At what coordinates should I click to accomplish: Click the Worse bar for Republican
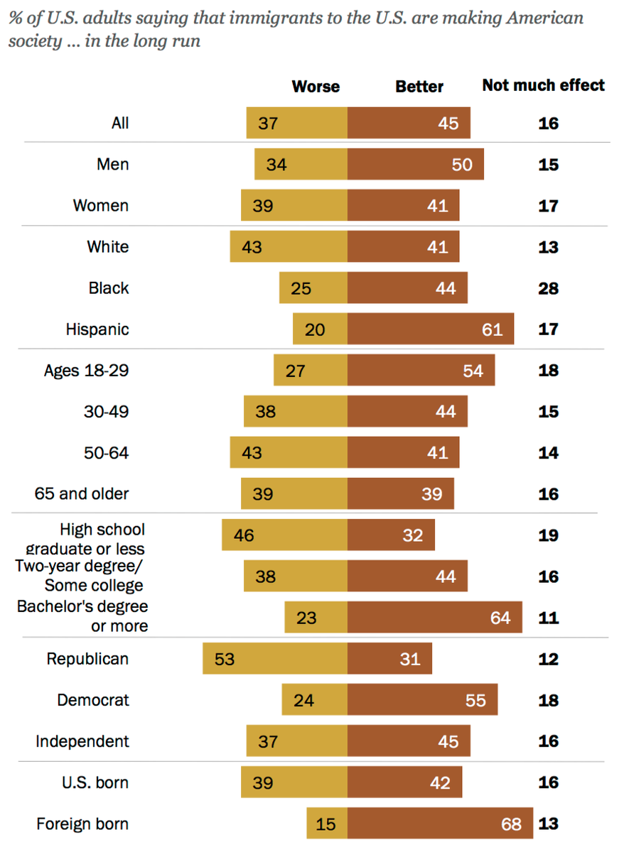click(x=275, y=659)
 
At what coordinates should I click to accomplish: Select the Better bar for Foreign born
click(x=440, y=824)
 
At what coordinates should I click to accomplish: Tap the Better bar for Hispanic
click(x=431, y=329)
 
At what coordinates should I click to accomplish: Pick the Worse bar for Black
click(x=313, y=288)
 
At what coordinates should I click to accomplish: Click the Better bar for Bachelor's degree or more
click(x=435, y=618)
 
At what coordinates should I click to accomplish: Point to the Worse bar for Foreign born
click(x=327, y=824)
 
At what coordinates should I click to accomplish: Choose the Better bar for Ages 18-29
click(x=421, y=371)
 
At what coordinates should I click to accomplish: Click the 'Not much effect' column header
click(x=543, y=85)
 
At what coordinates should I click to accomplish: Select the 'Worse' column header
click(x=316, y=87)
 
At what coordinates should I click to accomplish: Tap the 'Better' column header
click(x=419, y=87)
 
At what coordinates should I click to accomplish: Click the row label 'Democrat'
click(x=93, y=700)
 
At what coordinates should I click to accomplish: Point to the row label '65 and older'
click(x=82, y=493)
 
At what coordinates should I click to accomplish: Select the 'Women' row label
click(x=101, y=206)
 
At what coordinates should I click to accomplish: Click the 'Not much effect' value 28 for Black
click(x=548, y=288)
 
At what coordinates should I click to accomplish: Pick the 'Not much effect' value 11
click(x=548, y=618)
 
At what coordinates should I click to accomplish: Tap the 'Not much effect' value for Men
click(x=548, y=165)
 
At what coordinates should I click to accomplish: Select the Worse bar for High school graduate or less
click(x=284, y=535)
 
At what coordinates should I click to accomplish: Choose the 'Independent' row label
click(x=82, y=741)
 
